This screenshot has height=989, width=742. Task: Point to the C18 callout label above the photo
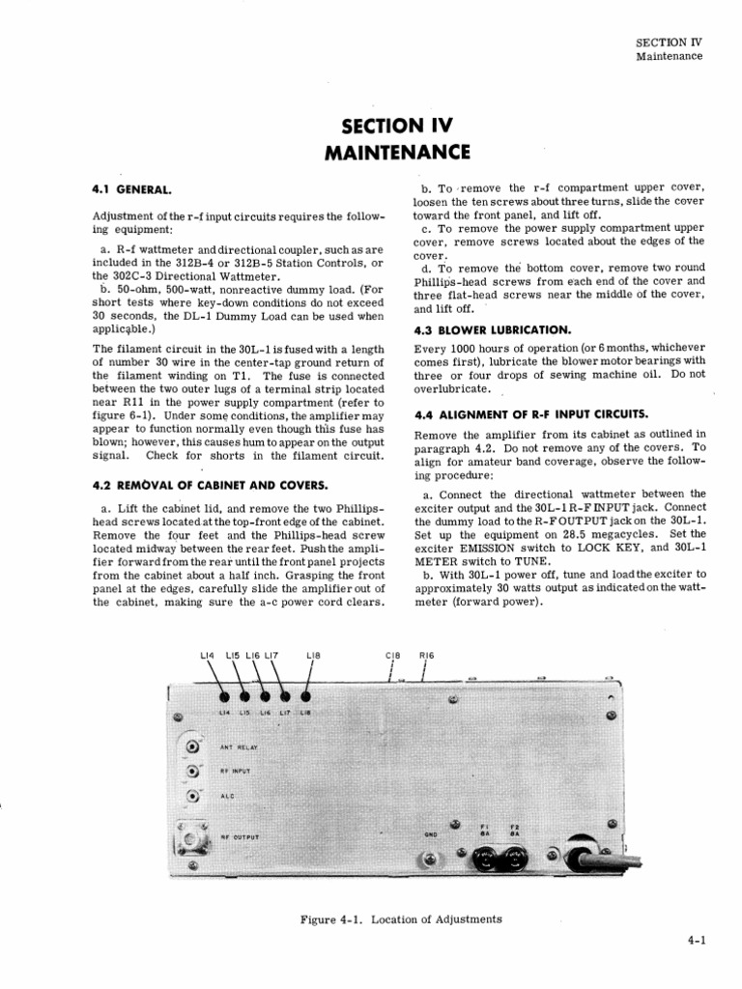(392, 655)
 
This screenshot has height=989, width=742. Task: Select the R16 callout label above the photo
(426, 655)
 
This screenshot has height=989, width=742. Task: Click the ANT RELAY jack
(194, 747)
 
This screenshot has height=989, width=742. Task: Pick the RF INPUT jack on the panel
(194, 771)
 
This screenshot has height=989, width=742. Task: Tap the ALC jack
(194, 796)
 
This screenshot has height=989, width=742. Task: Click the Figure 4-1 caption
(401, 918)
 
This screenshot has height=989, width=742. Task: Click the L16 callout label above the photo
(253, 655)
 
